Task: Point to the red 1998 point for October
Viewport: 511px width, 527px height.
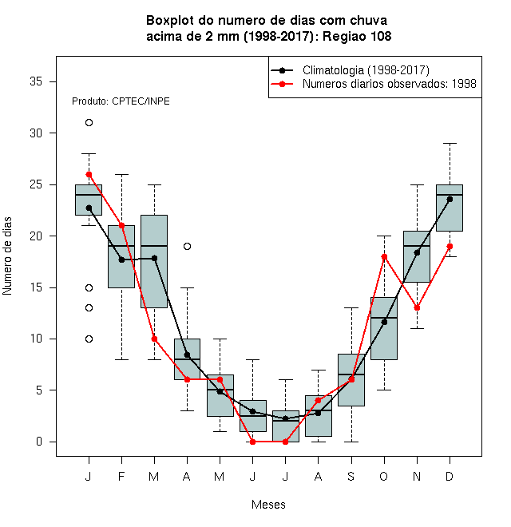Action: pos(384,257)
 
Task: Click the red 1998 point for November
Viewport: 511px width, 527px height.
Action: pos(417,308)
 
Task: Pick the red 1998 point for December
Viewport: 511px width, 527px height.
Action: pos(450,247)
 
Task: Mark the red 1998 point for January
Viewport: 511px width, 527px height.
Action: pos(89,174)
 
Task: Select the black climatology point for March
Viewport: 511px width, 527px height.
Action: pos(154,258)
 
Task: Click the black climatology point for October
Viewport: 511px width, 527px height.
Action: pos(384,322)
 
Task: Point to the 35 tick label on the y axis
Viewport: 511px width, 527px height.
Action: pos(36,81)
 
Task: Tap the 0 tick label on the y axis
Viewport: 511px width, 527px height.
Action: pos(39,442)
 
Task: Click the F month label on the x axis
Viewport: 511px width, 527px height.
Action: pos(121,476)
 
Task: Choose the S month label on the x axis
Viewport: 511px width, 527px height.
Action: pos(351,476)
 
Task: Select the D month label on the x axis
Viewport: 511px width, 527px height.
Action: pos(450,476)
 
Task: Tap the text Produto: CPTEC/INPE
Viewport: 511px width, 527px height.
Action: pos(121,101)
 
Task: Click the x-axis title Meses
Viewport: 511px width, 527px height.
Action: pos(268,505)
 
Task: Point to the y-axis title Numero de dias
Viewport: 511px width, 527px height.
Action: pos(7,256)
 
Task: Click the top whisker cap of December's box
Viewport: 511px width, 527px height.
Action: pos(450,144)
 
